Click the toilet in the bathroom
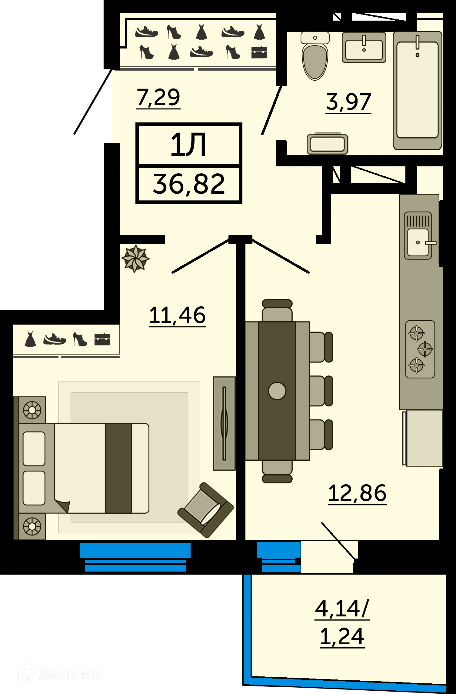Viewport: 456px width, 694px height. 315,56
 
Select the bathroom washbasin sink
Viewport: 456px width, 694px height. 364,48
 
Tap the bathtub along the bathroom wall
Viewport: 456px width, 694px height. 418,90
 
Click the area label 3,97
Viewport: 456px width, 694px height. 348,102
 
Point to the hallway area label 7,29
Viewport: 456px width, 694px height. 158,98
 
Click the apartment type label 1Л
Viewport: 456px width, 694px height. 188,145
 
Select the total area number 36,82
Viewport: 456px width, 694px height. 189,184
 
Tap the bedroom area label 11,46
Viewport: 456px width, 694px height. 178,315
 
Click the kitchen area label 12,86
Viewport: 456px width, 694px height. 358,493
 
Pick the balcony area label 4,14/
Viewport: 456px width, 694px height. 342,609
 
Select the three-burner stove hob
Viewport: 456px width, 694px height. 420,349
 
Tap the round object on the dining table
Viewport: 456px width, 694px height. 277,391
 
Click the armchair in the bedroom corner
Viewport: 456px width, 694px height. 205,510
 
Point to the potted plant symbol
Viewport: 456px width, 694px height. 135,259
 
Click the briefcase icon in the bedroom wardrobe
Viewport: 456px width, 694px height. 102,339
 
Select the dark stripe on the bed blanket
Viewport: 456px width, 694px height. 118,468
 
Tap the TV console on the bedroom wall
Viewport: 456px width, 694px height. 224,423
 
